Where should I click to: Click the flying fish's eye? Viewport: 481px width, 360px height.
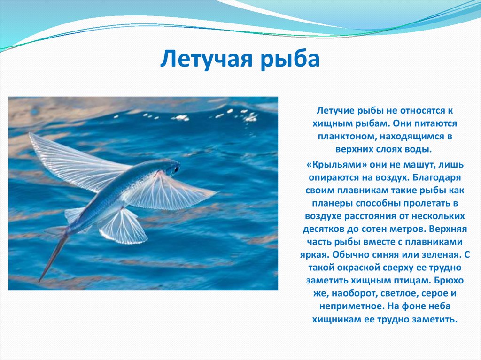(x=176, y=169)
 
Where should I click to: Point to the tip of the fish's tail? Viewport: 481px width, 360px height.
(x=39, y=281)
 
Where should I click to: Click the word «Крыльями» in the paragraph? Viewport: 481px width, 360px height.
(x=336, y=165)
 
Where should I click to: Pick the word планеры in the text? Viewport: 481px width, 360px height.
(x=333, y=204)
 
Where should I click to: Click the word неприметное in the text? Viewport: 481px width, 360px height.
(x=351, y=306)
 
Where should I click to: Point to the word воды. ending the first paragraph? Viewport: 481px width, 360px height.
(x=419, y=149)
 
